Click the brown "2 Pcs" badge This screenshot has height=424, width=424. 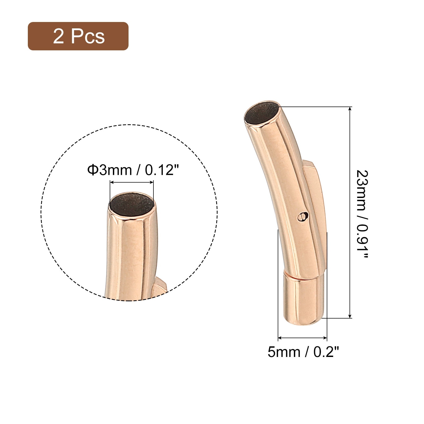pos(78,36)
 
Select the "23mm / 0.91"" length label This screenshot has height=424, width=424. pos(362,214)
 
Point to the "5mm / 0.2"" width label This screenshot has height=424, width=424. pos(303,352)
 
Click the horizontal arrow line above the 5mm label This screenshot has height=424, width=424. pos(302,338)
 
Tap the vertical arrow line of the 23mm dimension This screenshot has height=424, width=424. pos(350,212)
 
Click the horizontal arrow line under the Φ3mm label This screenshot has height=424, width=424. pos(132,182)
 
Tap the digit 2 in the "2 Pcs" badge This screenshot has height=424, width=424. pos(59,36)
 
